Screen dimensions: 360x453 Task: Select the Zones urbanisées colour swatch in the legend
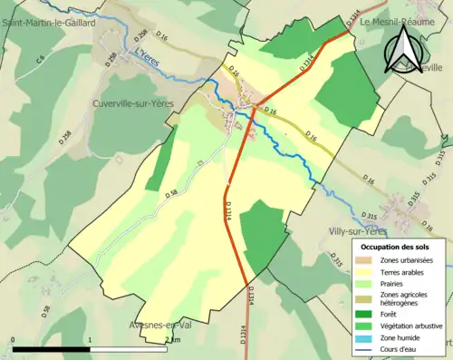click(364, 260)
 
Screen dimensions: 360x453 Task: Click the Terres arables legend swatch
click(364, 273)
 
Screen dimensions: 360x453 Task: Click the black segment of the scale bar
click(51, 347)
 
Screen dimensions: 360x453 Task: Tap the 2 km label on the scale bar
click(172, 338)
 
